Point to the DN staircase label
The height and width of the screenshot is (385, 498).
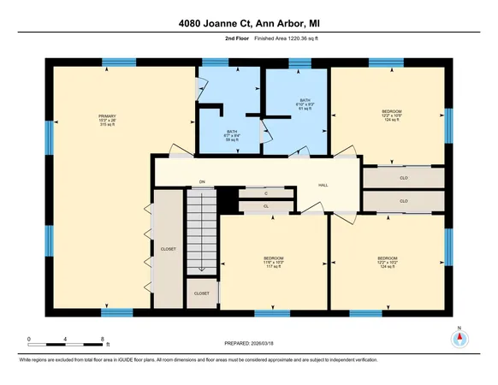pos(202,182)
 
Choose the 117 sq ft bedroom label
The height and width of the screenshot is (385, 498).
pos(273,269)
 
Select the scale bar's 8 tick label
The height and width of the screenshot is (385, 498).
pos(102,339)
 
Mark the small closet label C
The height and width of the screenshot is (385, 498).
pos(266,195)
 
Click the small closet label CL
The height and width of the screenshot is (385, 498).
pos(266,206)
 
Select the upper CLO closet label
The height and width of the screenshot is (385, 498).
pos(404,179)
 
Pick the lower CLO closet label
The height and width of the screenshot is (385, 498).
pos(404,200)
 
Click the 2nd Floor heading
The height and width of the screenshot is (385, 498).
pos(225,38)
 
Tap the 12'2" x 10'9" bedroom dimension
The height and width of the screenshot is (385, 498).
pos(391,115)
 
